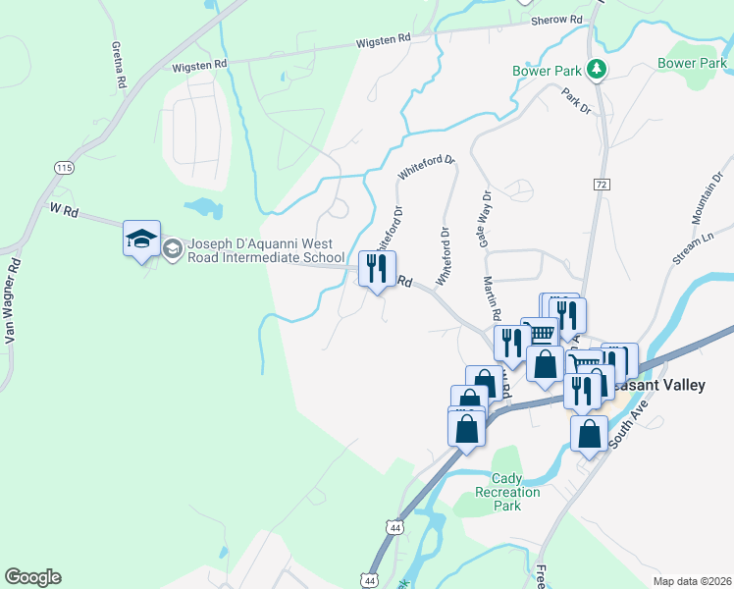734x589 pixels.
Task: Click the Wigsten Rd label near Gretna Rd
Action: point(199,64)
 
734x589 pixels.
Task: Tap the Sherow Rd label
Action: point(556,20)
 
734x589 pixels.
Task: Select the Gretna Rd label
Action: point(121,66)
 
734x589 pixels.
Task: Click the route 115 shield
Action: point(65,168)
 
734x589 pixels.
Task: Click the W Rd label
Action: point(63,209)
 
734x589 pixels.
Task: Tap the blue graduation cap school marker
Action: point(141,239)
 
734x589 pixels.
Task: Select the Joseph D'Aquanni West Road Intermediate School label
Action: point(255,250)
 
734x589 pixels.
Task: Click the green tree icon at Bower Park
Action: point(595,69)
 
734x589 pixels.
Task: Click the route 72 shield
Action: point(602,185)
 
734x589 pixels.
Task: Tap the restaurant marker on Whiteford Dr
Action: point(377,268)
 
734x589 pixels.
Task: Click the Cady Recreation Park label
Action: point(506,492)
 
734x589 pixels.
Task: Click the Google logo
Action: point(32,577)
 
